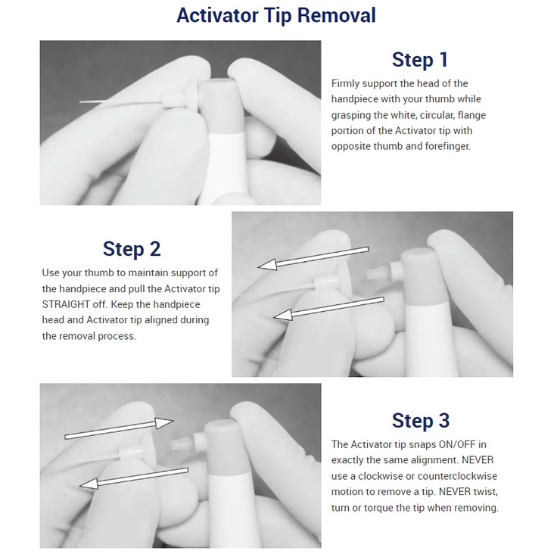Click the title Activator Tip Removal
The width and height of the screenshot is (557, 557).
point(276,16)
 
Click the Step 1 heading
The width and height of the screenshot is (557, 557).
point(419,60)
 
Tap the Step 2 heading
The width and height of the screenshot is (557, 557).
point(132,249)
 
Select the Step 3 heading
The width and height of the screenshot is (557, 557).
point(421,421)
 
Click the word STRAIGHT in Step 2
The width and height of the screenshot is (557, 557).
point(66,304)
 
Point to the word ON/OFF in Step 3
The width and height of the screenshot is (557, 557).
point(458,444)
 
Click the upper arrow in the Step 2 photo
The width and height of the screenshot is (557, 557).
point(313,258)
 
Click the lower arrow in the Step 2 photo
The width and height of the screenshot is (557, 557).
point(328,308)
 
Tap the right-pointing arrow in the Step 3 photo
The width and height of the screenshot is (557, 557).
point(119,429)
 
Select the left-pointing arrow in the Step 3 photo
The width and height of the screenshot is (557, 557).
point(133,478)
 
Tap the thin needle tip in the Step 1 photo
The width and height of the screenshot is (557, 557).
point(121,102)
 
